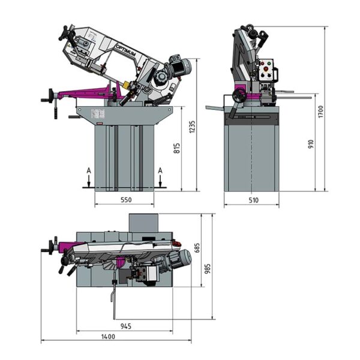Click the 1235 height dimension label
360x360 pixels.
coord(192,127)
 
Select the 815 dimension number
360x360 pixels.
coord(176,148)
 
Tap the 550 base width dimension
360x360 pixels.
coord(126,200)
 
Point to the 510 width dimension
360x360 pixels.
coord(253,200)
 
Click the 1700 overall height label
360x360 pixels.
coord(321,112)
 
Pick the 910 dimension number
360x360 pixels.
coord(311,144)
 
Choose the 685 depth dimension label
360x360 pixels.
coord(197,248)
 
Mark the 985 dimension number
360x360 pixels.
coord(208,269)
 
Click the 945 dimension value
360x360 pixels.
coord(126,326)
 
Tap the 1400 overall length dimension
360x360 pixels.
coord(108,337)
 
